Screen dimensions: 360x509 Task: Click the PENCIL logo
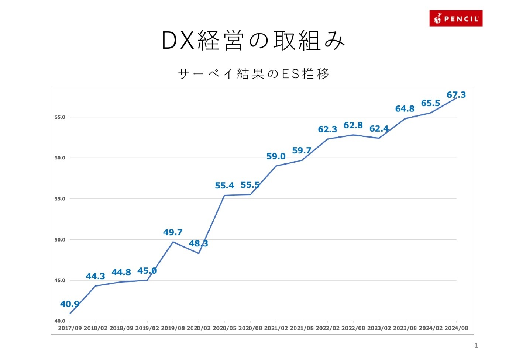456,18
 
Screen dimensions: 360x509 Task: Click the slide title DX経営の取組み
254,40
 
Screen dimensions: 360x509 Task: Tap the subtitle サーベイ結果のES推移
254,74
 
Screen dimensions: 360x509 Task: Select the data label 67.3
456,95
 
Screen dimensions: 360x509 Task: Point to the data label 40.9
69,304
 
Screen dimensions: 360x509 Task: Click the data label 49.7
173,232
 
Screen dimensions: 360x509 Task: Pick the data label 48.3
198,243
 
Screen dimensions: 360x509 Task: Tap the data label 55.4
224,186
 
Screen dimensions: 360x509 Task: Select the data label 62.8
353,125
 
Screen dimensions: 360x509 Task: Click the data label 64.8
405,109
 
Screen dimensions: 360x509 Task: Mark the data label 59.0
276,156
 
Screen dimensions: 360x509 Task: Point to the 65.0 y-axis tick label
60,117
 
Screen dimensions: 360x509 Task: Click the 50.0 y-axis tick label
60,240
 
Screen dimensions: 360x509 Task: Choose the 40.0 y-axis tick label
60,321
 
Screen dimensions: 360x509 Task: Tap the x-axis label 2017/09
70,328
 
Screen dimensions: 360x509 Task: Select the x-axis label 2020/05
224,328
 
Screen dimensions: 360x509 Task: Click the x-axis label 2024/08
456,328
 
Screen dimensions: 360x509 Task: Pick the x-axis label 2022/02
327,328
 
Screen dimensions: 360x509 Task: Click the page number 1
476,346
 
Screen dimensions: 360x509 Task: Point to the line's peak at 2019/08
173,242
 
